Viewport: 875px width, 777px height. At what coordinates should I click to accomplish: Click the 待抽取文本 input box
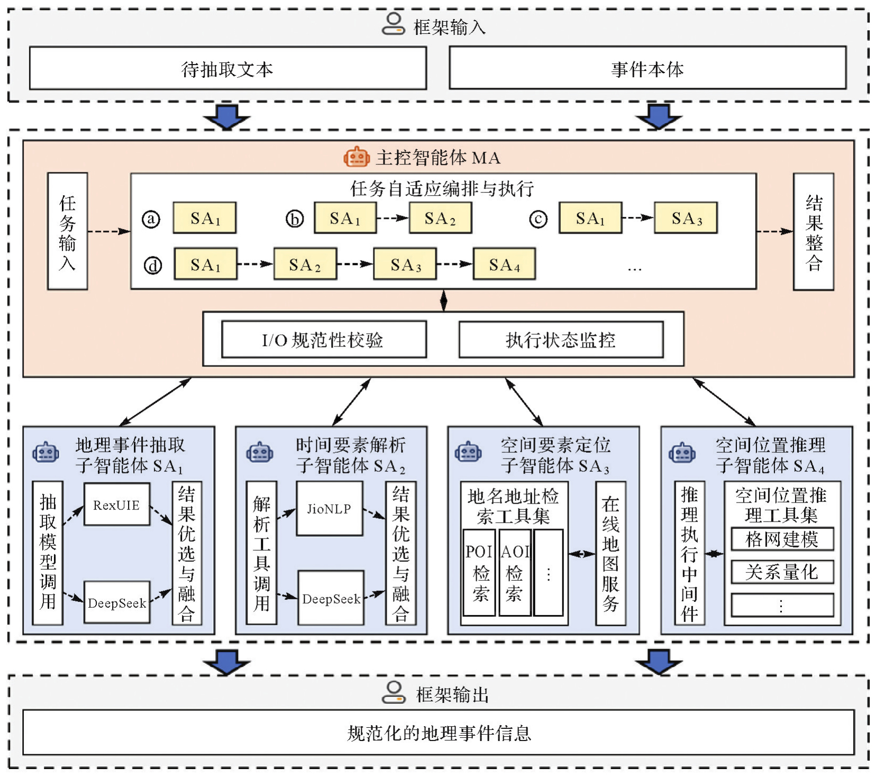227,68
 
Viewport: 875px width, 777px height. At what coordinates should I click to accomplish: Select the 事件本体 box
647,68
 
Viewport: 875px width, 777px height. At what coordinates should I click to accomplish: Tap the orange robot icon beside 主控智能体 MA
356,157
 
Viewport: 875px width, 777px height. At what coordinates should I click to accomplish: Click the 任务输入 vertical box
67,231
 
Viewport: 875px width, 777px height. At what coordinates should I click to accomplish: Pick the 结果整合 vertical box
813,232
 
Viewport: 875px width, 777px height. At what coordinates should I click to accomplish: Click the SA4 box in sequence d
504,264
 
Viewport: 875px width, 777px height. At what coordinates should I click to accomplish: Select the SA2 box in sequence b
440,217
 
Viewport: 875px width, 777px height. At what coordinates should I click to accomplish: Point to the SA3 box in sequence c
686,217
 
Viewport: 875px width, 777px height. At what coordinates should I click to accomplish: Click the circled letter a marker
151,218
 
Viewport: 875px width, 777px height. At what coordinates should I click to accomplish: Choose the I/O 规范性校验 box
324,340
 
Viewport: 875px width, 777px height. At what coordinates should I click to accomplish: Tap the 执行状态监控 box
561,340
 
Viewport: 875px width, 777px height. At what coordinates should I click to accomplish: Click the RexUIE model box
117,504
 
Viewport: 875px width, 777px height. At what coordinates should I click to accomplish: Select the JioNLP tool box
329,509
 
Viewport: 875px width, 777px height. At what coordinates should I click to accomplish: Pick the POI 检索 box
479,573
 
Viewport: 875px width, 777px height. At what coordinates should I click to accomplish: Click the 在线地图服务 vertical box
610,553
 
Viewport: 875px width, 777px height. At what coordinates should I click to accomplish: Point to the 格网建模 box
782,539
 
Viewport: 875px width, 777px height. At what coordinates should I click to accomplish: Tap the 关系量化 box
782,572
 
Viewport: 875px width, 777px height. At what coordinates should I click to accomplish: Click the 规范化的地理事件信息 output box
438,733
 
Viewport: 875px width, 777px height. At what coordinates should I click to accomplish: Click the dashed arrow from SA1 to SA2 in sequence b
393,217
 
